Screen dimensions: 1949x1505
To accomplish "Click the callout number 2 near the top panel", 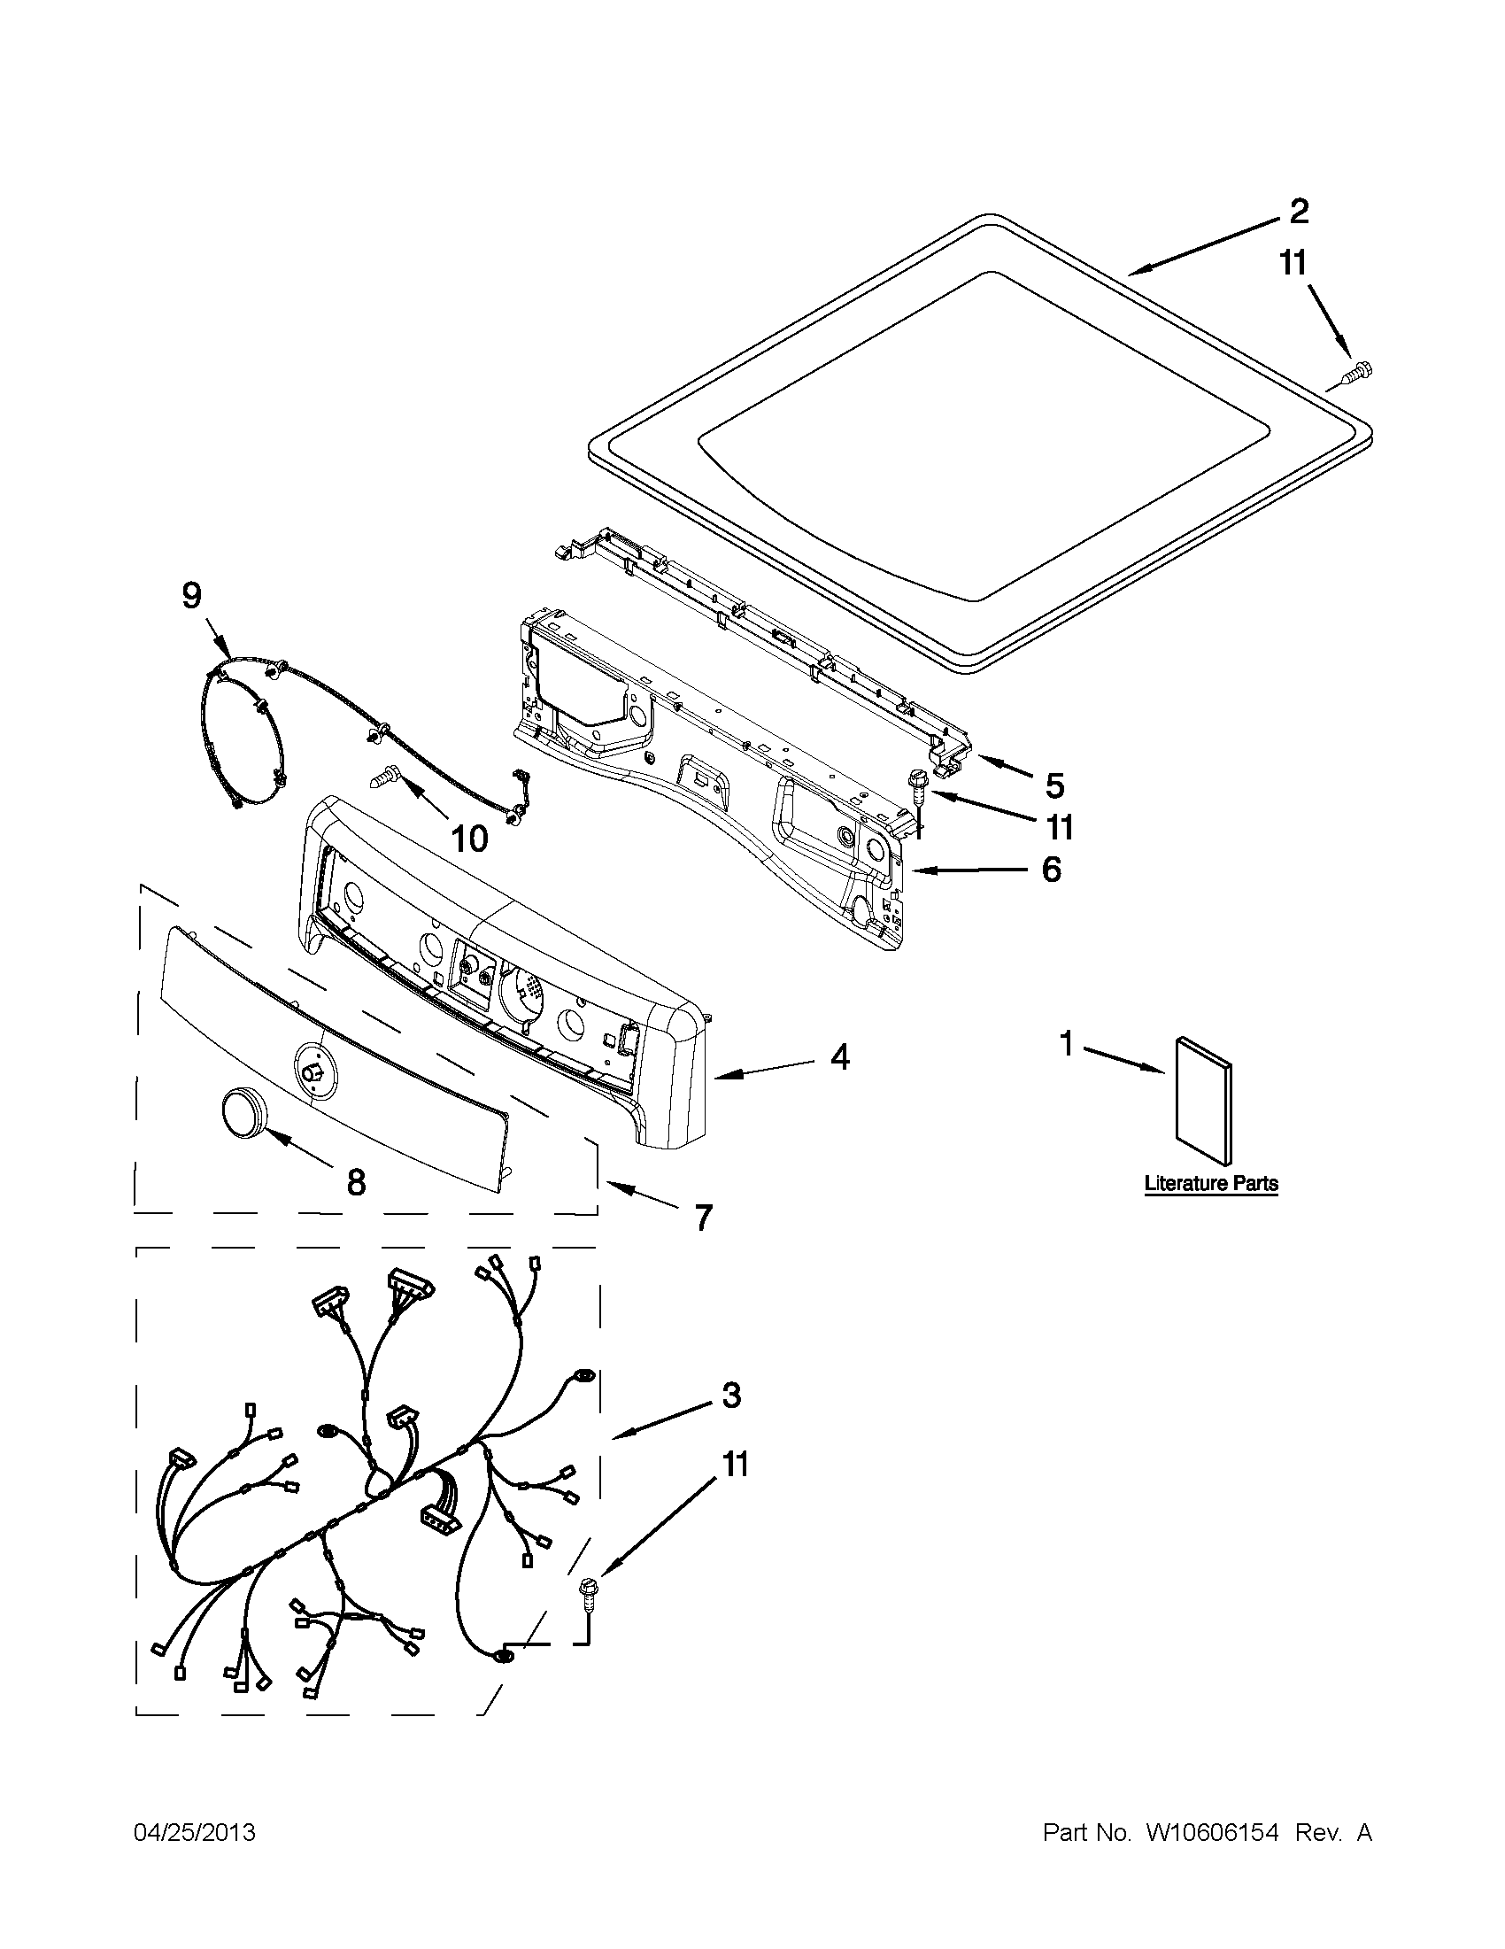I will click(x=1298, y=212).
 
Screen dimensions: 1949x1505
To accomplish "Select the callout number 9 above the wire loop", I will click(x=192, y=595).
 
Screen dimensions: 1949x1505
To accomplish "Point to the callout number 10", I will click(x=470, y=839).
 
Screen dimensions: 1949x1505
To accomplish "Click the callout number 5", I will click(x=1054, y=785).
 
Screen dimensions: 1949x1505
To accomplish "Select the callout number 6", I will click(x=1052, y=869).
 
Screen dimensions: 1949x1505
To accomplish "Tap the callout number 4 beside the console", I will click(x=838, y=1057).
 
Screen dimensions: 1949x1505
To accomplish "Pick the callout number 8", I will click(x=355, y=1182).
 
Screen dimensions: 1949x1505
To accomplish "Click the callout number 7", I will click(x=704, y=1217).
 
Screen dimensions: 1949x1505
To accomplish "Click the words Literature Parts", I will click(x=1210, y=1183).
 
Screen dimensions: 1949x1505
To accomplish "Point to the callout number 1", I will click(x=1066, y=1042).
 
